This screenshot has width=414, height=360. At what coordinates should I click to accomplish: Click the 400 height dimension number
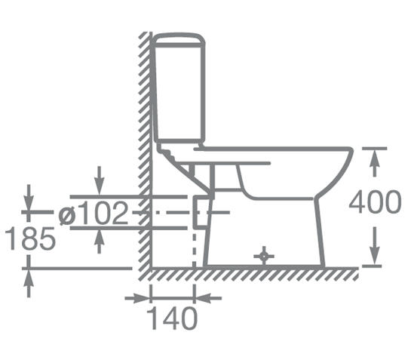point(375,202)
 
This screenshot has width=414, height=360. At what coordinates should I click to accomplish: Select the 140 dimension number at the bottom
point(172,318)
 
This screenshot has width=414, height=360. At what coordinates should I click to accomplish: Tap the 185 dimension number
point(31,238)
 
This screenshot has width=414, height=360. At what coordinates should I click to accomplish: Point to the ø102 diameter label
point(94,213)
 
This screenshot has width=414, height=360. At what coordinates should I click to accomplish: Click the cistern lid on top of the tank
point(179,40)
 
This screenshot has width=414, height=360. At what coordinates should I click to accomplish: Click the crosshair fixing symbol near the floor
point(264,256)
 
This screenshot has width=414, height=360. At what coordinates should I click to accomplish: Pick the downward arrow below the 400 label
point(374,245)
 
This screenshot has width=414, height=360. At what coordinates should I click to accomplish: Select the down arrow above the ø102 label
point(99,181)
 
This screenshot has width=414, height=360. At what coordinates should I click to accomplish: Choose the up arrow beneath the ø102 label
point(99,241)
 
